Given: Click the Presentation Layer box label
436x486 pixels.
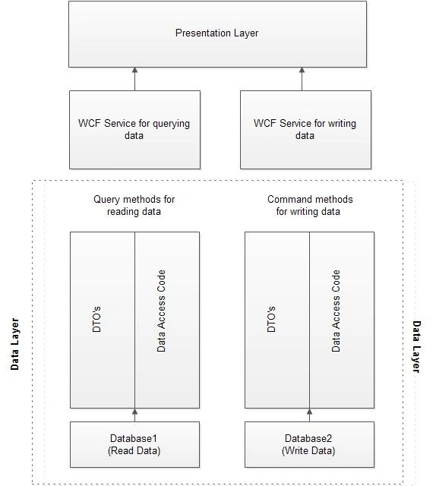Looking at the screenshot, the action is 216,33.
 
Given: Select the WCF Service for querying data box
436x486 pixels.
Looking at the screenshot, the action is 135,130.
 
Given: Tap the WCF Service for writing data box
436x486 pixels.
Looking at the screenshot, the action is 305,130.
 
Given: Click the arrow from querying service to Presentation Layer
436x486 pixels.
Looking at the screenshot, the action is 134,79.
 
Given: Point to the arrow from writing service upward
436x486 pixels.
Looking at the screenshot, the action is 302,79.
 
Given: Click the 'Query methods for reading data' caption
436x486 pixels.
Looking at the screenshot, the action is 134,205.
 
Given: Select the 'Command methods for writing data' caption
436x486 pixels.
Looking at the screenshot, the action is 310,205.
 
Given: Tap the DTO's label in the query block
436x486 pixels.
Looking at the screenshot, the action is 96,319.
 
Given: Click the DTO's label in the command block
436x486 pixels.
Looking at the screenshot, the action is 271,319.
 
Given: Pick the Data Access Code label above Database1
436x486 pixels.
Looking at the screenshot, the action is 161,311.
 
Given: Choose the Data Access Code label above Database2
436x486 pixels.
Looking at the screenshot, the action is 336,311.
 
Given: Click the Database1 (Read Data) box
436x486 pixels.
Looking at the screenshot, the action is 134,444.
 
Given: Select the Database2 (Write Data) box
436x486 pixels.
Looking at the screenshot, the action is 309,444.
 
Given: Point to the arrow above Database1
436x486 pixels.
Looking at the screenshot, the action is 134,415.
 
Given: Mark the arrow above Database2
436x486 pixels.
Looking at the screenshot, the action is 309,415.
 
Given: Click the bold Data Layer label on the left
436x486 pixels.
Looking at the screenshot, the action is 14,344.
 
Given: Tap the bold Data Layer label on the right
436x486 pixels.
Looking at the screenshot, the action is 416,346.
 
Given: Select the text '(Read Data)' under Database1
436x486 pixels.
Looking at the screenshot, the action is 134,450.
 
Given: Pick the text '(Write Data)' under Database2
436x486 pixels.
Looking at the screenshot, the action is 308,450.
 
